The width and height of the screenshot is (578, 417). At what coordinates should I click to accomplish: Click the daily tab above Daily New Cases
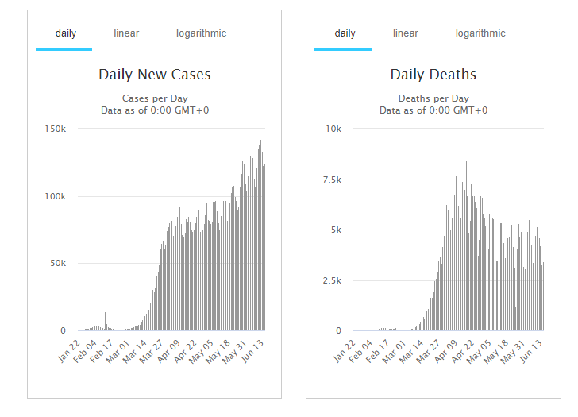click(66, 33)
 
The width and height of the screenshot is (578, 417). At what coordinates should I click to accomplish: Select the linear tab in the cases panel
click(126, 33)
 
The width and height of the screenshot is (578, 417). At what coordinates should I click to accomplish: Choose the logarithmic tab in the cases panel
click(201, 33)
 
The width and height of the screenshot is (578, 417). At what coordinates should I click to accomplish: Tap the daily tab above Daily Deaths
click(345, 33)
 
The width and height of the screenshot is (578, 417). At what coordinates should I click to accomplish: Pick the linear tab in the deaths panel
click(405, 33)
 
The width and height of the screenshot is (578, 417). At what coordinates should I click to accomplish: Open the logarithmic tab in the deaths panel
click(480, 33)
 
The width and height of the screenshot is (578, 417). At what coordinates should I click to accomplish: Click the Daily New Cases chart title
click(155, 75)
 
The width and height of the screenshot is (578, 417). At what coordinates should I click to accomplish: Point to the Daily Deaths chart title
click(433, 75)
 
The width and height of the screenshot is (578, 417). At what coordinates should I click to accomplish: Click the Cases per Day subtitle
click(155, 98)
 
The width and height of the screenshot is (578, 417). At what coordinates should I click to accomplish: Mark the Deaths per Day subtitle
click(433, 98)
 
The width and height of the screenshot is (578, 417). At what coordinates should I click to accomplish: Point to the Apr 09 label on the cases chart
click(169, 351)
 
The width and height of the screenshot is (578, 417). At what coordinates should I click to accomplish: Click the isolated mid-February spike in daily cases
click(105, 319)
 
